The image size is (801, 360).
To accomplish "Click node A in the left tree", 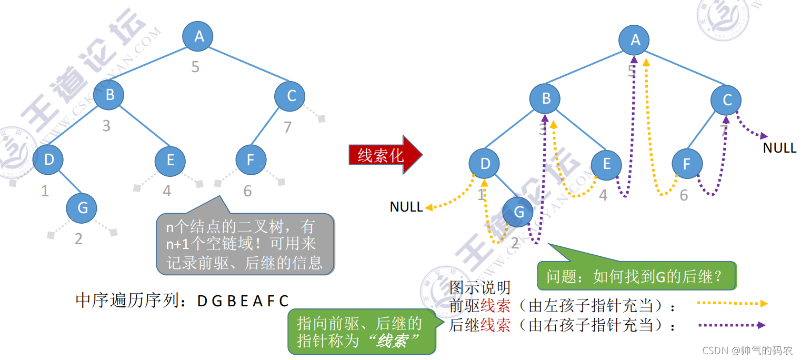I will (x=197, y=36).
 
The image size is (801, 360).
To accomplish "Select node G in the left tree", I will (x=82, y=208).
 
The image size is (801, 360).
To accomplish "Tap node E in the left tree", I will (x=170, y=160).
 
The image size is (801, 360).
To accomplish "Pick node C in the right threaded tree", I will (x=726, y=100).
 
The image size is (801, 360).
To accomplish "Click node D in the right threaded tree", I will (x=485, y=164).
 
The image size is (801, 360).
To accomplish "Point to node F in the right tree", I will (x=686, y=164).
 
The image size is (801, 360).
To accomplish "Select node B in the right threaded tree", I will (x=545, y=98).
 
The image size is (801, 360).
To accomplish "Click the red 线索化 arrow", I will (x=384, y=155).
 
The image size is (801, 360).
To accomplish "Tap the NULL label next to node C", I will (x=779, y=148).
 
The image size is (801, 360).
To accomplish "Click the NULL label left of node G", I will (x=406, y=207).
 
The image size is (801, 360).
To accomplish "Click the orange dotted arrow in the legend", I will (x=732, y=304).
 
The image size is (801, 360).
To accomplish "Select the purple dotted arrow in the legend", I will (x=732, y=325).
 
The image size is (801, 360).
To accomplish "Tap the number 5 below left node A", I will (x=195, y=67).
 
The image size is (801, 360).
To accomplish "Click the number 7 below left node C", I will (x=287, y=127).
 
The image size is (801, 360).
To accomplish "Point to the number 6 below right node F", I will (x=684, y=196).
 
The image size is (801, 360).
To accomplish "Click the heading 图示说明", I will (x=480, y=288).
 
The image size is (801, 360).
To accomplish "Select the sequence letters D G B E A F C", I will (x=243, y=301).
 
